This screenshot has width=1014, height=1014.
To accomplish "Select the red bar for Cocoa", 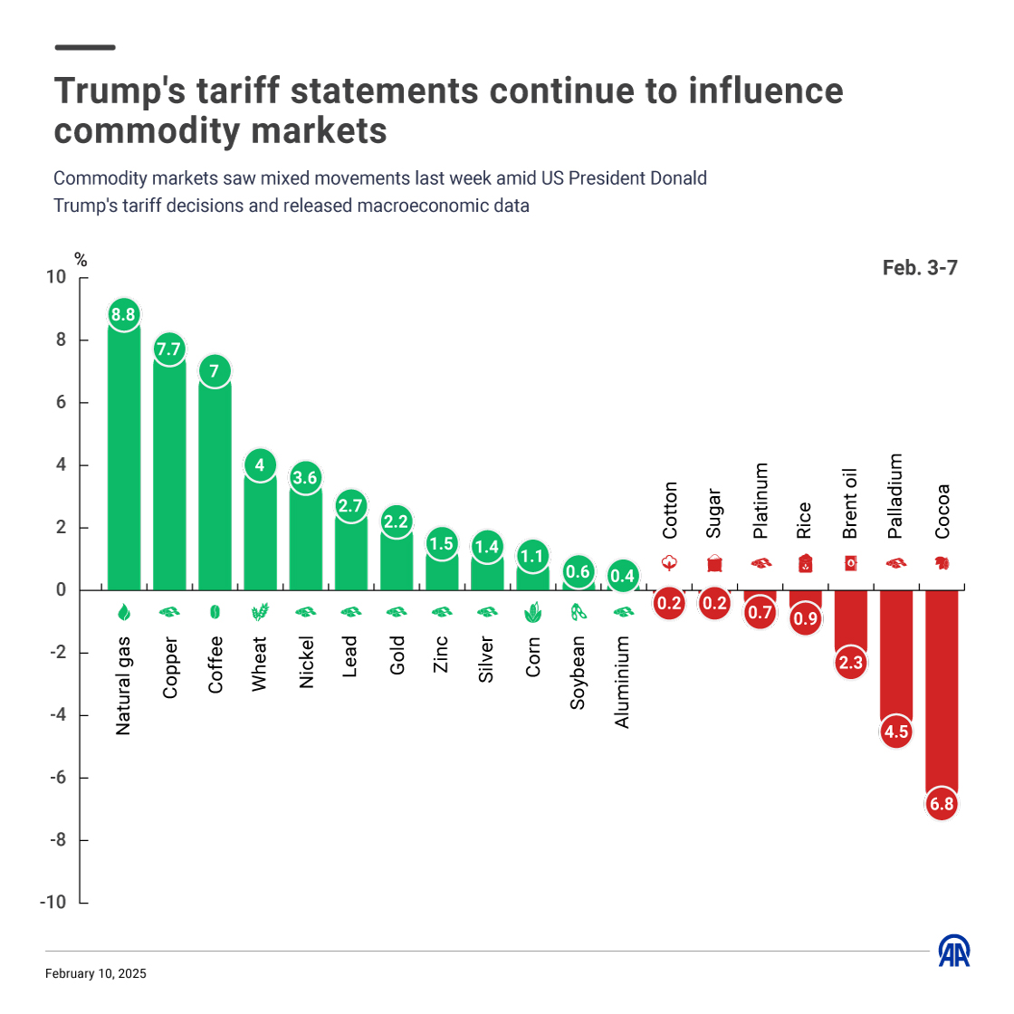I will point(942,688).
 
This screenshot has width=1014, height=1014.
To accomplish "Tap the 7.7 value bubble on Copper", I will point(168,349).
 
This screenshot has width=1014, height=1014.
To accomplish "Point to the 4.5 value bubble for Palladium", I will point(896,732).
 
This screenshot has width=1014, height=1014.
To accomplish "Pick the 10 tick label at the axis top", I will point(56,277).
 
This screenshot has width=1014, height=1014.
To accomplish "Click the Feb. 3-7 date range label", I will point(920,268).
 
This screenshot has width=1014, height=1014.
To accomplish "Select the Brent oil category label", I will point(850,503).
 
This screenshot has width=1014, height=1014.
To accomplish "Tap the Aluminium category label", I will point(622,682).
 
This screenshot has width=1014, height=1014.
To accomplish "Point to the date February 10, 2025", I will point(95,974).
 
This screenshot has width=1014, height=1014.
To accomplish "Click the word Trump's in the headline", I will point(120,91).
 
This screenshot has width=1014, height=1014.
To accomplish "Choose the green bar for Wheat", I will point(260,534).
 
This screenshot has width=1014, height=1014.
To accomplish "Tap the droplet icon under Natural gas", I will point(124,613).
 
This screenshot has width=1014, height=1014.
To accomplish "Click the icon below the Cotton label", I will point(669,563).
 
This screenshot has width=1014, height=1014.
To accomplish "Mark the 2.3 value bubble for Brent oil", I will point(851,663).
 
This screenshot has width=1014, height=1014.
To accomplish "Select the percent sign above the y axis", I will point(81,261).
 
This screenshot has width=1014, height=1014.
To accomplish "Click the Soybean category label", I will point(578,672).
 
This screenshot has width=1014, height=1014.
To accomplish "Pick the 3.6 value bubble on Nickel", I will point(305,478).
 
